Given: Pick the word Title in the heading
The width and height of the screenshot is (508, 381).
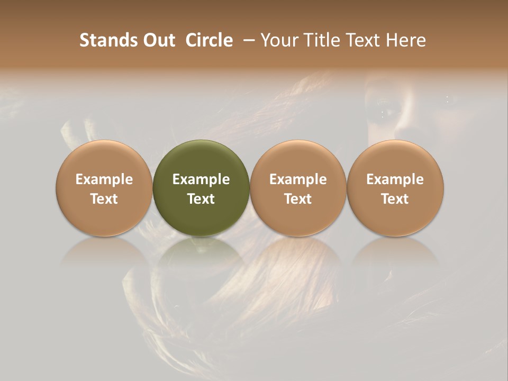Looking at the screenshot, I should [320, 40].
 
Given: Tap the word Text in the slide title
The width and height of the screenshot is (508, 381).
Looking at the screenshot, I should [364, 40].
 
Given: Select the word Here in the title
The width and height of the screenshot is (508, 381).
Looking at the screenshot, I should [407, 40].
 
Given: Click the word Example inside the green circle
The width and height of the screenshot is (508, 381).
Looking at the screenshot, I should [201, 179].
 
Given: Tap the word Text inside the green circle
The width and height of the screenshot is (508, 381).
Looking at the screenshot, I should [201, 199].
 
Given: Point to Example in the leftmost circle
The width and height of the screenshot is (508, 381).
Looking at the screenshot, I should [104, 179].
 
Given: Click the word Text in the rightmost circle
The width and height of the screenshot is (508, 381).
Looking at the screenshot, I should [395, 199].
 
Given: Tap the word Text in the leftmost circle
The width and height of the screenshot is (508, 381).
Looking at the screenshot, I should [104, 199].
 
